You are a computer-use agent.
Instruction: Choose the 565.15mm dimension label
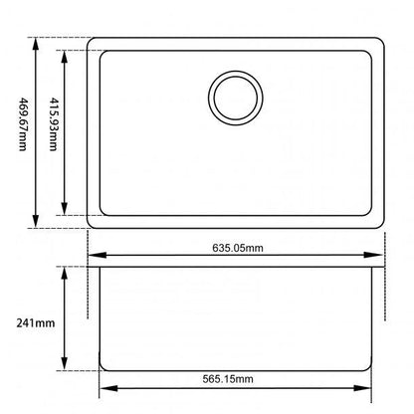pyautogui.click(x=237, y=379)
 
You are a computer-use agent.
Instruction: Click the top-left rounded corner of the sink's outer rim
pyautogui.click(x=93, y=43)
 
